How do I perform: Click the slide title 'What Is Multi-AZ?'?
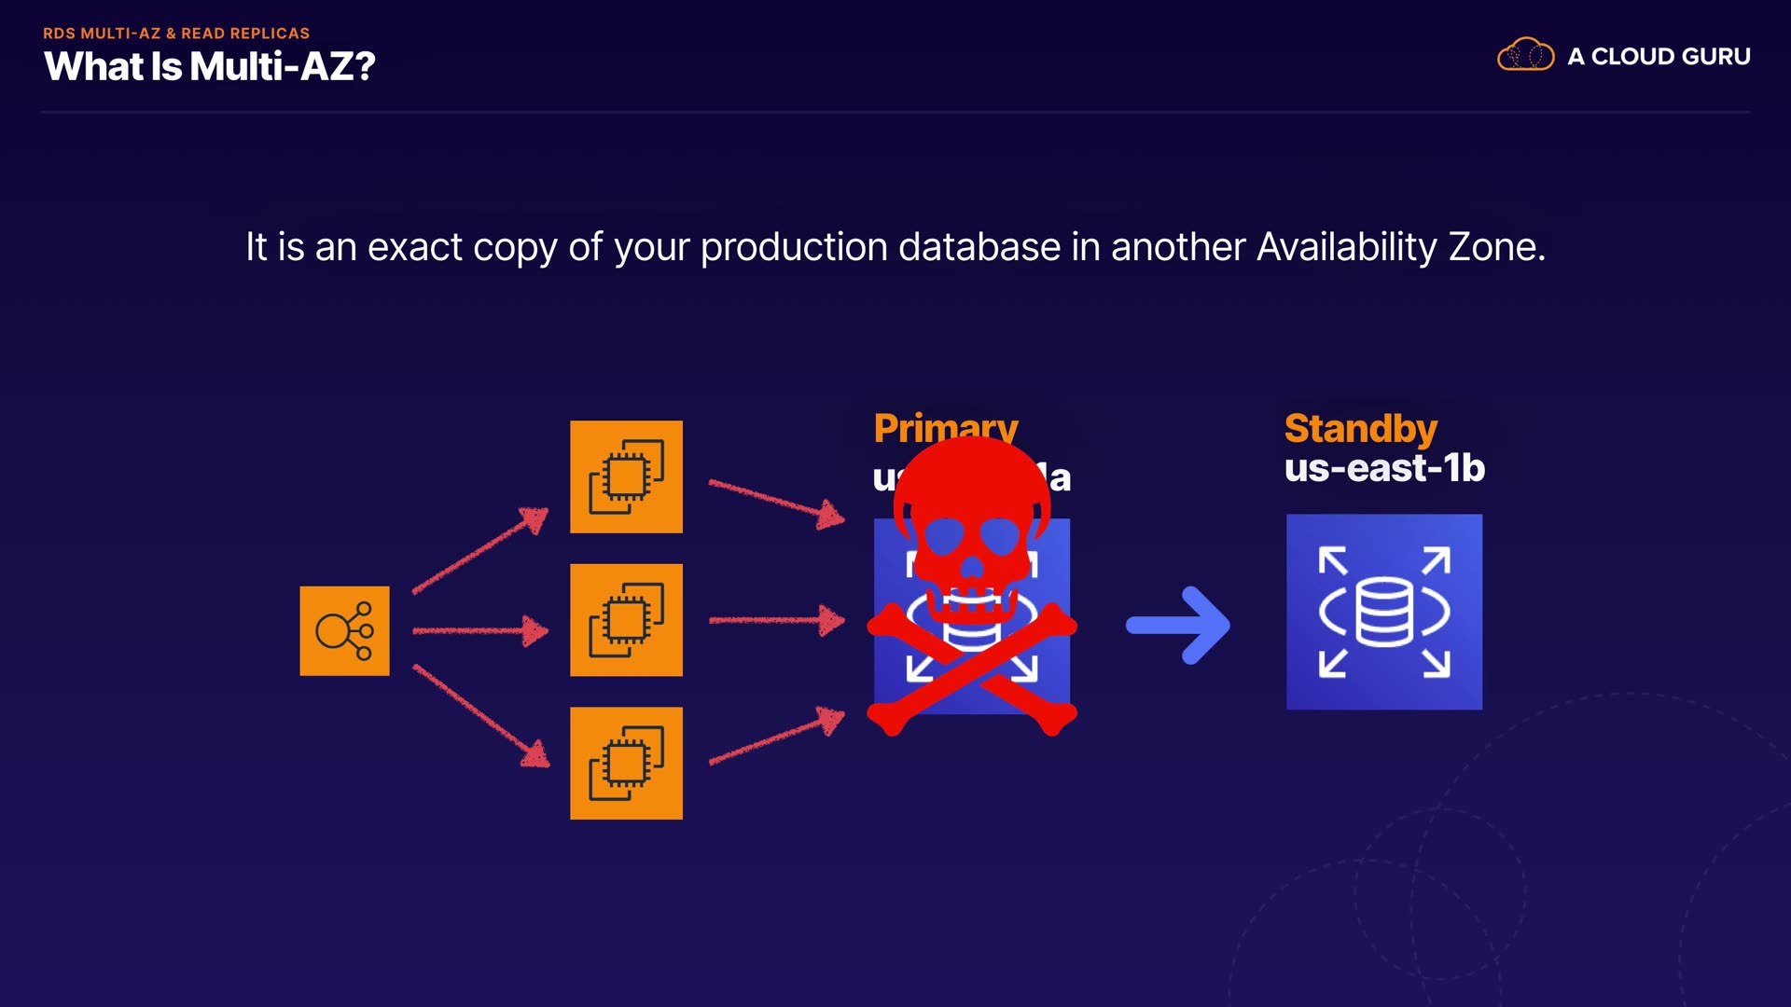(x=209, y=67)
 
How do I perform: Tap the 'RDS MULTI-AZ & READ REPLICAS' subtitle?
(x=176, y=34)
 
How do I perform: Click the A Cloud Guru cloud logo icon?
(x=1525, y=55)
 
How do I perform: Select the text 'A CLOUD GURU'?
(x=1659, y=57)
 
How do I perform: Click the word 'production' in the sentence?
(x=793, y=248)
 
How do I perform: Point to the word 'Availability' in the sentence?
(x=1346, y=248)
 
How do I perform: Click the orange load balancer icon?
(x=344, y=631)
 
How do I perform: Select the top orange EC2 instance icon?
(x=626, y=476)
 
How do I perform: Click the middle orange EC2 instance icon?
(x=626, y=620)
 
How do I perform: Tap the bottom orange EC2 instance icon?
(x=626, y=764)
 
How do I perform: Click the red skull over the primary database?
(x=972, y=531)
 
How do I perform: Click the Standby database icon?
(x=1383, y=612)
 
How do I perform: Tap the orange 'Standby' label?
(x=1360, y=429)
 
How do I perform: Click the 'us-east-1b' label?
(x=1384, y=468)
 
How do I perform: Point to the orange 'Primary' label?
(x=945, y=427)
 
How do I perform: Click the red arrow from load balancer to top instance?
(x=480, y=550)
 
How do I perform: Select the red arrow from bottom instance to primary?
(x=777, y=739)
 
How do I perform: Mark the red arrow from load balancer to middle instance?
(x=480, y=631)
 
